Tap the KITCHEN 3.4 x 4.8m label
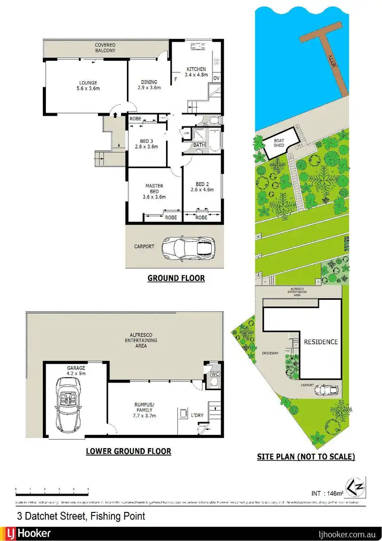coord(196,72)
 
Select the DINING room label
coord(149,85)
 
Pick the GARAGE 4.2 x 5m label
coord(75,370)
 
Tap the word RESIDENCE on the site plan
coord(320,342)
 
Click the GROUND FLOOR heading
coord(176,278)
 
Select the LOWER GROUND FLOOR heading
coord(128,451)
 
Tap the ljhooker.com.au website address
coord(347,534)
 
